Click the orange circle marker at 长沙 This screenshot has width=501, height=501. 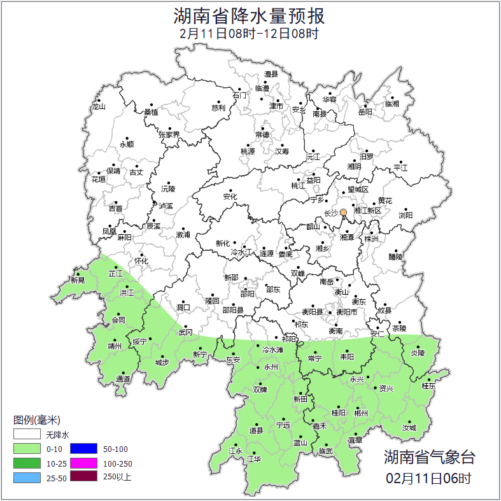pyautogui.click(x=343, y=213)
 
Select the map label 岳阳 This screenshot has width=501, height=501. pyautogui.click(x=365, y=113)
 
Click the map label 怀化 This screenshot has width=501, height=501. pyautogui.click(x=141, y=261)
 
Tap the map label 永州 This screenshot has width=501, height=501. pyautogui.click(x=271, y=368)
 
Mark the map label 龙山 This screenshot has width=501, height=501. pyautogui.click(x=98, y=106)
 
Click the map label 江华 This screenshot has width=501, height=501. pyautogui.click(x=254, y=458)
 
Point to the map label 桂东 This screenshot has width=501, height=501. pyautogui.click(x=429, y=386)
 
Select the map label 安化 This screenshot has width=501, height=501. pyautogui.click(x=230, y=197)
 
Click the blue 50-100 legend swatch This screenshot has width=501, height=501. pyautogui.click(x=83, y=449)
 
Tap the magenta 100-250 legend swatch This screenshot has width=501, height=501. pyautogui.click(x=83, y=463)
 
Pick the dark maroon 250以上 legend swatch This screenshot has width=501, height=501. pyautogui.click(x=83, y=476)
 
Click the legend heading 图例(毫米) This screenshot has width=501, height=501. pyautogui.click(x=37, y=420)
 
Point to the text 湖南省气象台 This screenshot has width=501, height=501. pyautogui.click(x=428, y=456)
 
